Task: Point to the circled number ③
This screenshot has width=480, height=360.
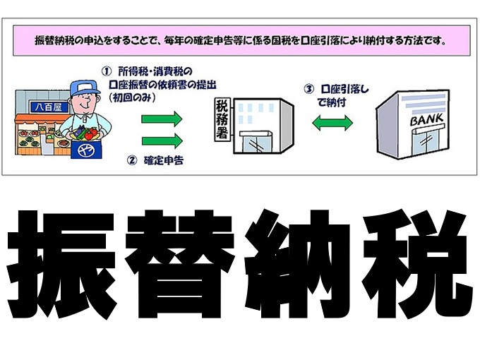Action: click(x=308, y=90)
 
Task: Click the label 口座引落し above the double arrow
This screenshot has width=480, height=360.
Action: click(x=344, y=90)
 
